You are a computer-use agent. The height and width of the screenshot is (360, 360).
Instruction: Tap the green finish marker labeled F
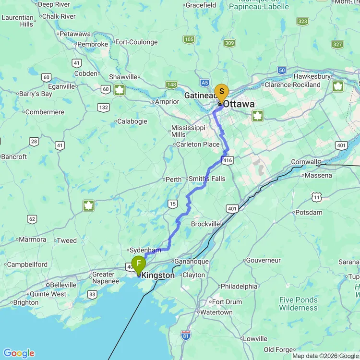139,264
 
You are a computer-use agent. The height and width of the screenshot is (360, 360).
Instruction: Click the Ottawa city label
239,104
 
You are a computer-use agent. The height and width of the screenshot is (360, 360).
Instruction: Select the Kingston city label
158,276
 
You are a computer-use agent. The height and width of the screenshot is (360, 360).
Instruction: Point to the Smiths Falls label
207,179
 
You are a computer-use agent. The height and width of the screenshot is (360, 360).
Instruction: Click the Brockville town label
207,224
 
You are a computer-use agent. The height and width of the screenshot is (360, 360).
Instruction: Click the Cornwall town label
304,162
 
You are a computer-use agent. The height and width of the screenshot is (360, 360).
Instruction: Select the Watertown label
216,312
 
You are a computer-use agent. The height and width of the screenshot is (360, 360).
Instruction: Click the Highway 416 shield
228,160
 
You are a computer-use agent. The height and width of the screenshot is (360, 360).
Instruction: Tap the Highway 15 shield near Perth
172,204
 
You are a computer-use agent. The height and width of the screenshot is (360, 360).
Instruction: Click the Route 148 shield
171,85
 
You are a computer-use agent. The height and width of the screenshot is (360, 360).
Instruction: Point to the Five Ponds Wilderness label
299,304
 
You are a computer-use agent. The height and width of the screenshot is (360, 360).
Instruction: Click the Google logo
19,353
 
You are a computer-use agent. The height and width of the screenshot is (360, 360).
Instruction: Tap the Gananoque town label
192,261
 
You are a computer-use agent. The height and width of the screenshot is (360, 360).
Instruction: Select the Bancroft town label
14,156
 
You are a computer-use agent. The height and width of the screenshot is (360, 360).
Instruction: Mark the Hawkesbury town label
312,76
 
